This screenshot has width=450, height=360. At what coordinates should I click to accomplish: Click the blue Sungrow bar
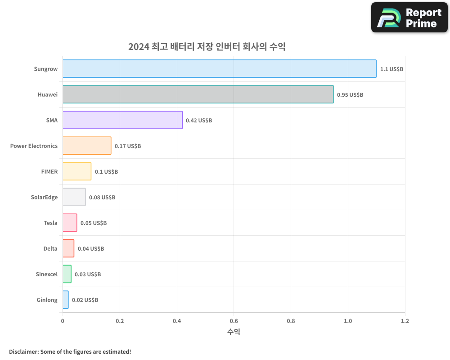(x=219, y=68)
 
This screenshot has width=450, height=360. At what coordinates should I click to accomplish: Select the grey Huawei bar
(x=198, y=94)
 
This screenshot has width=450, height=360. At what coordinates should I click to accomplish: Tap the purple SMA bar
(x=122, y=120)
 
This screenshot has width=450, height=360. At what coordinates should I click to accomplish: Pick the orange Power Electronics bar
(x=87, y=146)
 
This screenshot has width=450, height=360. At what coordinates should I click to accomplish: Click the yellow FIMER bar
(x=77, y=171)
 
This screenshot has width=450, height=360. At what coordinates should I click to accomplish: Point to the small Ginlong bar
(x=66, y=300)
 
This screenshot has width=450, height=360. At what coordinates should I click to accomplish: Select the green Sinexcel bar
(x=67, y=274)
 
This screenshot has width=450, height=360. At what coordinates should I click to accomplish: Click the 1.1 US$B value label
(x=391, y=69)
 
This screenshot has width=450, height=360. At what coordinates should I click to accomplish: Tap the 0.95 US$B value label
(x=350, y=95)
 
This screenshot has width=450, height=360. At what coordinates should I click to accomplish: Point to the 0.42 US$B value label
(x=199, y=121)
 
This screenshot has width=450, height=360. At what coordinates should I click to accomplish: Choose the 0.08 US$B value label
(x=102, y=198)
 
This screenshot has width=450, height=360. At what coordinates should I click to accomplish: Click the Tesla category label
(x=51, y=223)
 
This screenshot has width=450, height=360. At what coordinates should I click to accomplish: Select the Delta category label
(x=50, y=248)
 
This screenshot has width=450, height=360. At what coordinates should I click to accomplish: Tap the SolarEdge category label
(x=44, y=197)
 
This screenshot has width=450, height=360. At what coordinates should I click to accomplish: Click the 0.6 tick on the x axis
(x=234, y=321)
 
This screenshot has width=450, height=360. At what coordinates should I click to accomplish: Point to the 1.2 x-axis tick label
(x=405, y=321)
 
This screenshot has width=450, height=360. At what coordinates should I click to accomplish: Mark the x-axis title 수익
(x=234, y=332)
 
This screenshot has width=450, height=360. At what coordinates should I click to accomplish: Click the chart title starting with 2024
(x=207, y=46)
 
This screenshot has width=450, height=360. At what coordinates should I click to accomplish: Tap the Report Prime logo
(x=409, y=18)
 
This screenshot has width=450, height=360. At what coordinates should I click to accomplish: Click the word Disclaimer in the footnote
(x=23, y=351)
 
